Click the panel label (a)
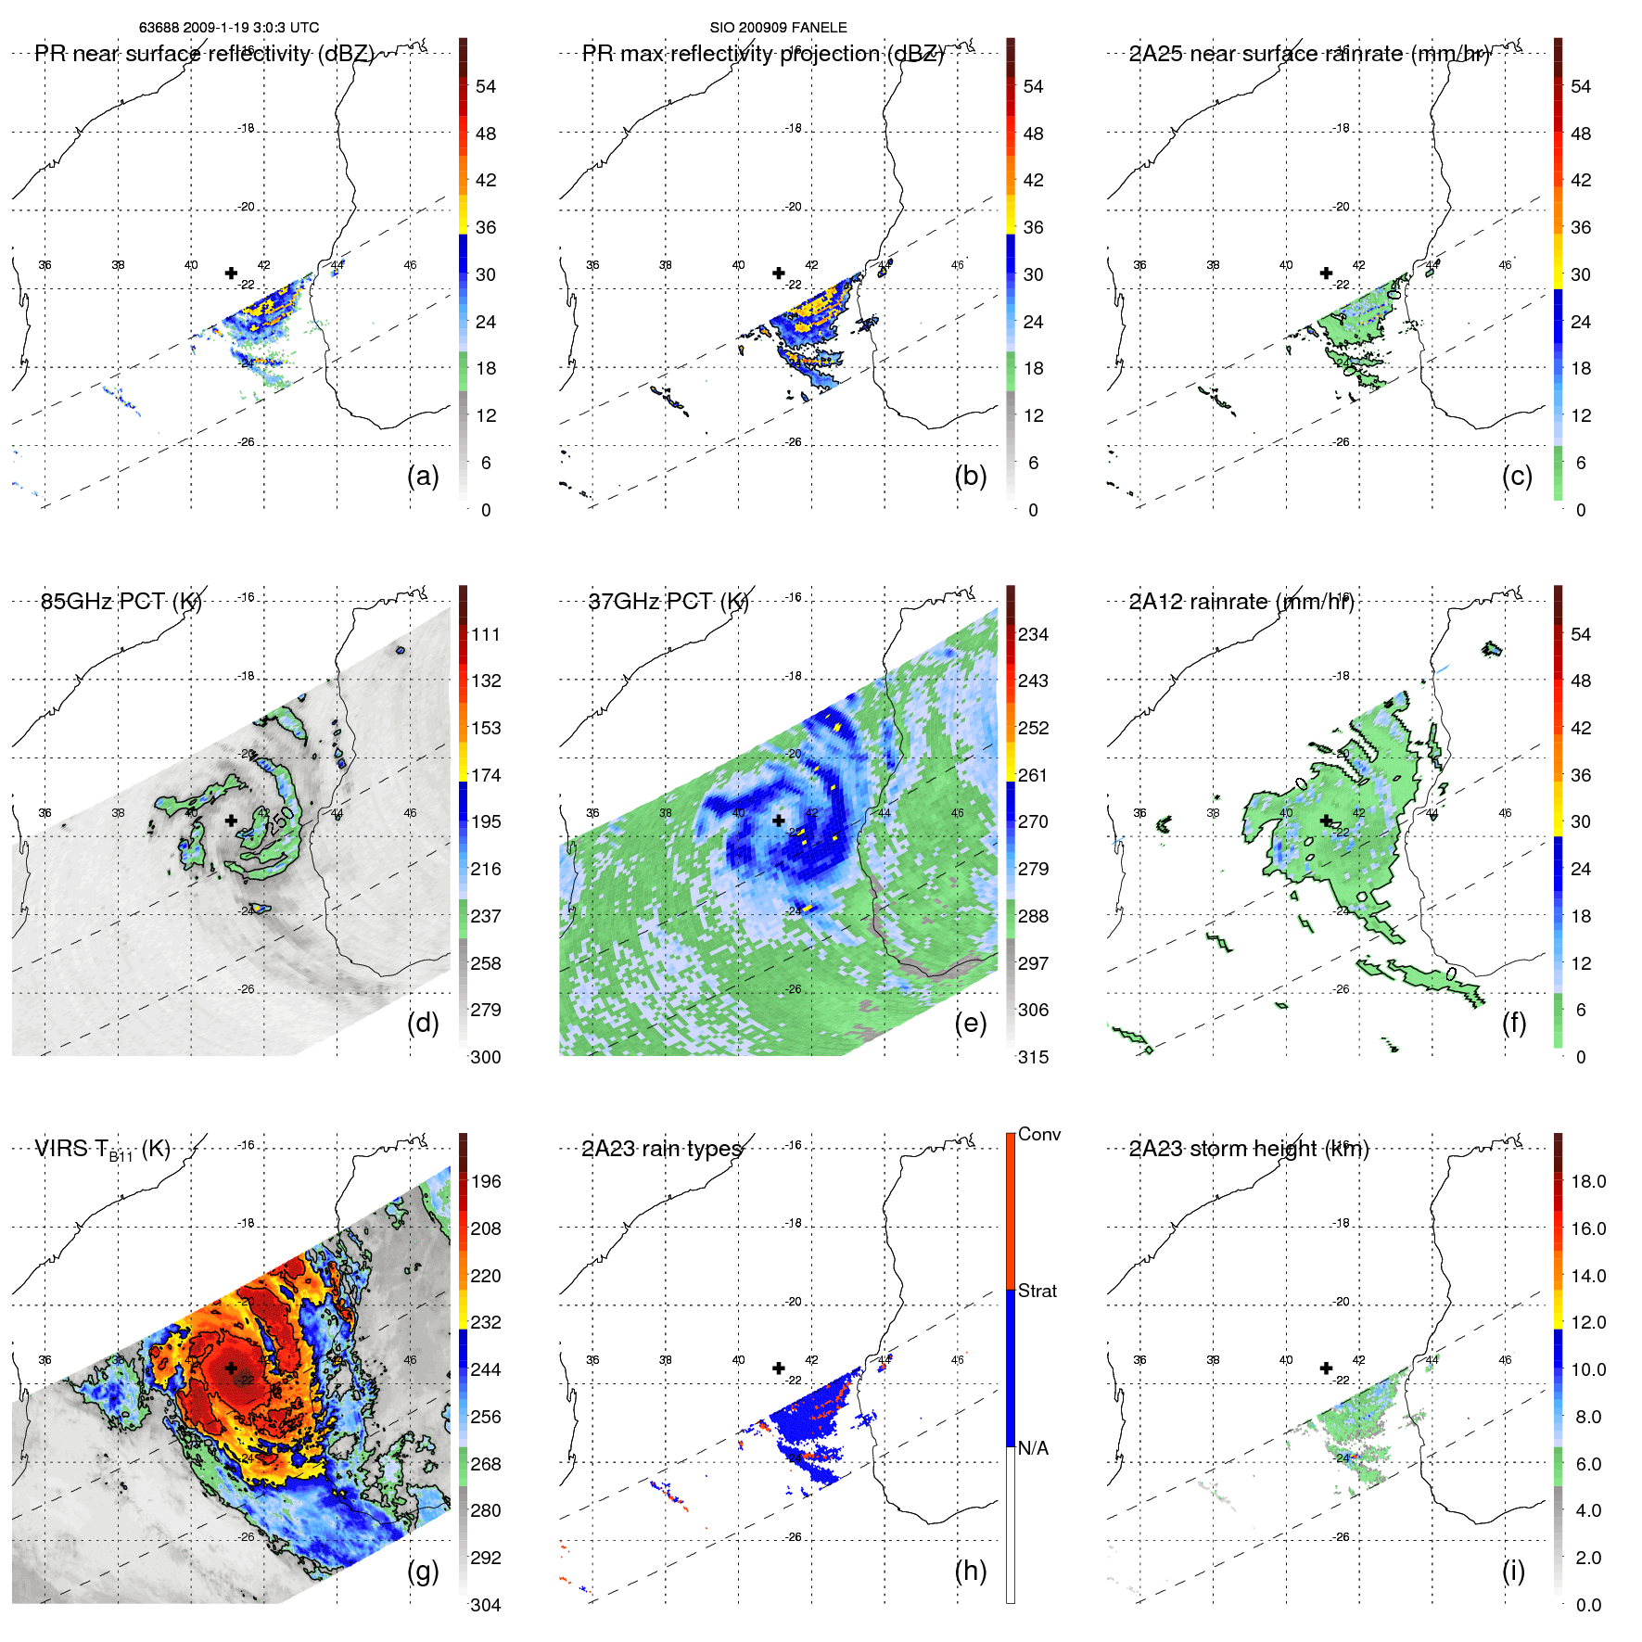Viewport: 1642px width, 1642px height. pyautogui.click(x=423, y=477)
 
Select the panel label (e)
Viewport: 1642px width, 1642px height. pyautogui.click(x=970, y=1024)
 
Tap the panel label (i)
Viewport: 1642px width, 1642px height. pyautogui.click(x=1513, y=1572)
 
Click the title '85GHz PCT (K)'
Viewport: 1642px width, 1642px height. pyautogui.click(x=121, y=602)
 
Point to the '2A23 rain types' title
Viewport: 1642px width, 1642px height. pyautogui.click(x=662, y=1150)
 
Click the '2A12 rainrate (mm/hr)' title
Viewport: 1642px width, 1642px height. pyautogui.click(x=1241, y=602)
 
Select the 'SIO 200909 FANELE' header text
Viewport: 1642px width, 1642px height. pyautogui.click(x=778, y=28)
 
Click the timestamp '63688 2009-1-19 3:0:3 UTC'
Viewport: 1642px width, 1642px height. pyautogui.click(x=229, y=28)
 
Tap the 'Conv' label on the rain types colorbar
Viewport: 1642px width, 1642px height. pyautogui.click(x=1038, y=1135)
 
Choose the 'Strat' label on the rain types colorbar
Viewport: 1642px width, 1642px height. pyautogui.click(x=1037, y=1292)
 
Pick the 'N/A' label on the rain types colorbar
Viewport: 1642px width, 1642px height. pyautogui.click(x=1033, y=1448)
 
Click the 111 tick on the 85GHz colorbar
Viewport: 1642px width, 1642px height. pyautogui.click(x=486, y=635)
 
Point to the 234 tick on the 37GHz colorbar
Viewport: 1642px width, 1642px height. pyautogui.click(x=1033, y=635)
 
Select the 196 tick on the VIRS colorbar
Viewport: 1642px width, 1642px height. pyautogui.click(x=486, y=1182)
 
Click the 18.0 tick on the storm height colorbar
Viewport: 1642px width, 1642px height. pyautogui.click(x=1587, y=1182)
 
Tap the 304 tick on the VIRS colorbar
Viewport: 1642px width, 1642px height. pyautogui.click(x=486, y=1605)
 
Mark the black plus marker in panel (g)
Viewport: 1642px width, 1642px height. pyautogui.click(x=231, y=1368)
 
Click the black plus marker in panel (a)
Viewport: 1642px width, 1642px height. pyautogui.click(x=231, y=273)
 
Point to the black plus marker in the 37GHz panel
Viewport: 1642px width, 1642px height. pyautogui.click(x=779, y=821)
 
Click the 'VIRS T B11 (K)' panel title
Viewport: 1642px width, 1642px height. pyautogui.click(x=103, y=1150)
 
